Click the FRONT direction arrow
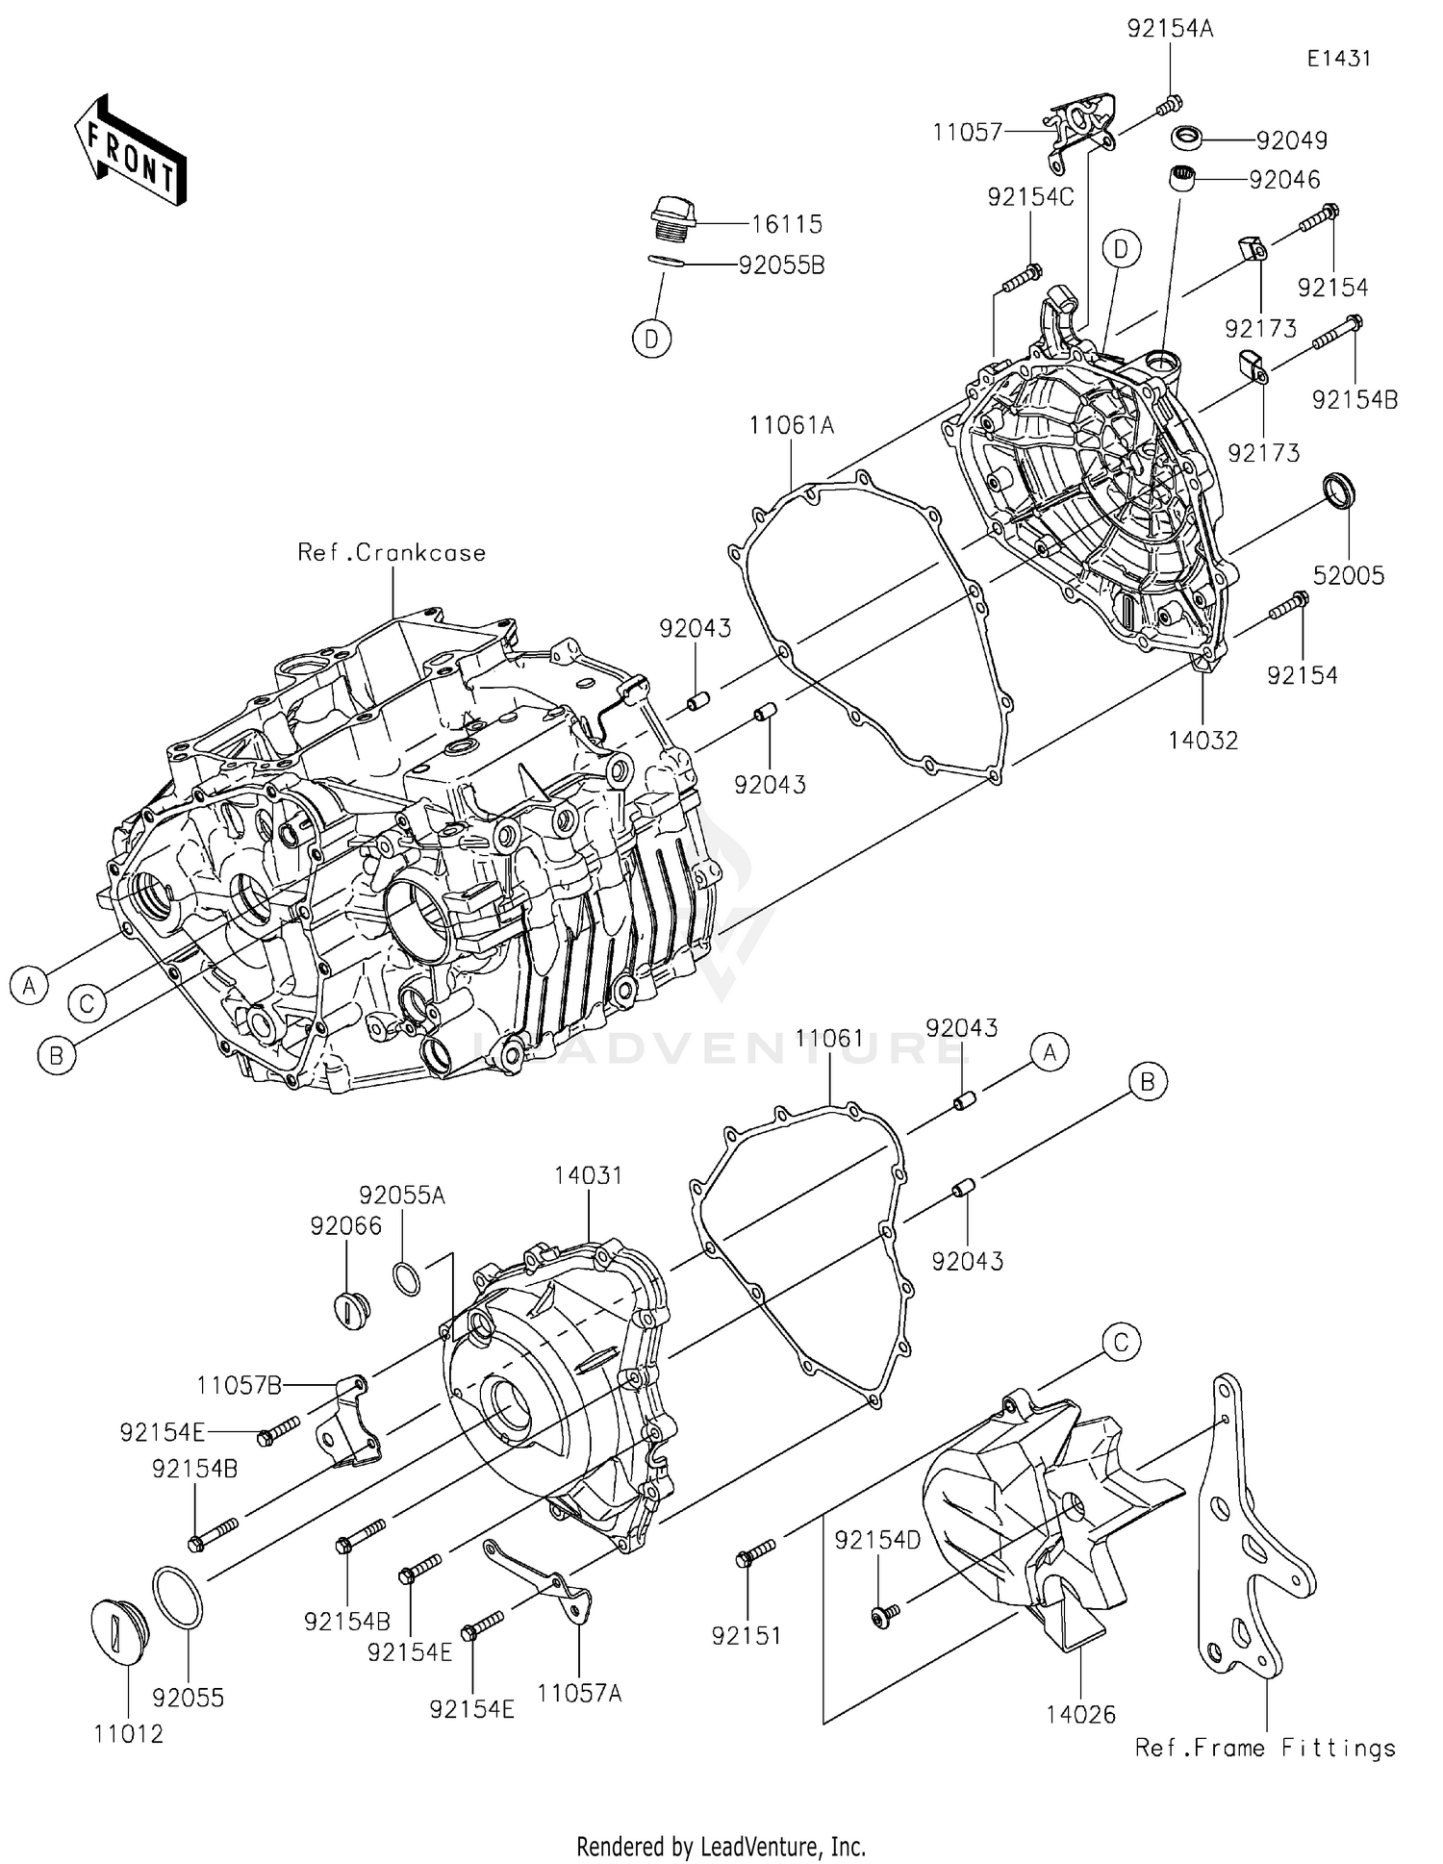(x=130, y=150)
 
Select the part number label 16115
(x=786, y=224)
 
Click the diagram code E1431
(x=1338, y=59)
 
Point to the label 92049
(x=1291, y=140)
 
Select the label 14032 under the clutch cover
(x=1202, y=740)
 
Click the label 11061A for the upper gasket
(x=792, y=425)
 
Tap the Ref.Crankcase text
(x=392, y=553)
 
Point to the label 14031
(x=588, y=1175)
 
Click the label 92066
(x=345, y=1225)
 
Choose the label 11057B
(x=240, y=1386)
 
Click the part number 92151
(x=747, y=1635)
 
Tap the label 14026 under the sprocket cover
(x=1081, y=1714)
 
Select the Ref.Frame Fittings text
(x=1264, y=1748)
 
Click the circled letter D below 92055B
(x=652, y=340)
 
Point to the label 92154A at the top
(x=1170, y=29)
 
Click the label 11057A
(x=579, y=1693)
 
